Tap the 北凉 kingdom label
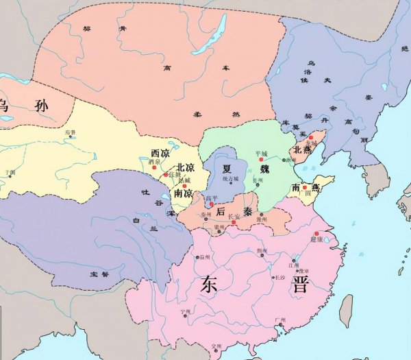pos(186,167)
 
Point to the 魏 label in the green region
pos(266,170)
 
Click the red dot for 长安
pos(234,222)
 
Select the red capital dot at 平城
pos(262,158)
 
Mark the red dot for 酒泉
pos(155,167)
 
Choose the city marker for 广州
pos(273,324)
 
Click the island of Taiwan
pos(347,311)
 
